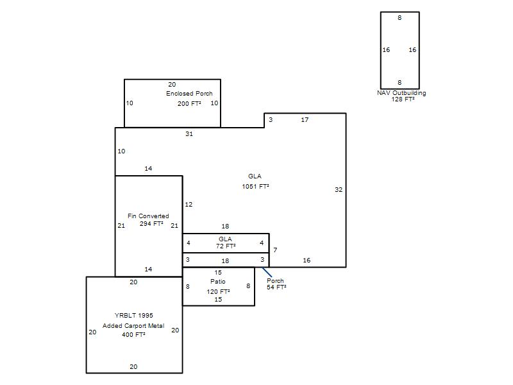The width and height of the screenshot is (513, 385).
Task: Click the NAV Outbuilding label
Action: (x=401, y=93)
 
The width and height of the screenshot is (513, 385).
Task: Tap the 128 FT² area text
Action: (x=403, y=99)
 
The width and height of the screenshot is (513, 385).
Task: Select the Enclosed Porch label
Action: (x=189, y=93)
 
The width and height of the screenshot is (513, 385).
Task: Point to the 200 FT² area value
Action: (x=189, y=103)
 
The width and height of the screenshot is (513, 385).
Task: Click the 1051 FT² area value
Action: (x=255, y=186)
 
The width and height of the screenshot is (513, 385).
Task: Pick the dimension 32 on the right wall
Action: (x=339, y=189)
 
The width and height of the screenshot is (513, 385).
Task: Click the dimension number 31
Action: (x=189, y=133)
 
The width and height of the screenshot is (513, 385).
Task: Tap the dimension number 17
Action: (x=305, y=120)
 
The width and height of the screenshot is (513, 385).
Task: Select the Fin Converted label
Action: (x=148, y=216)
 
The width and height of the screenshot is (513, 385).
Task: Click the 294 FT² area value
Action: (x=151, y=223)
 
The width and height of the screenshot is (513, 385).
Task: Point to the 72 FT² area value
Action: (x=226, y=246)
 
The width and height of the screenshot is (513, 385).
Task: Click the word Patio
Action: (x=218, y=282)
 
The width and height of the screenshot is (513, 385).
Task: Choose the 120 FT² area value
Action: (x=218, y=291)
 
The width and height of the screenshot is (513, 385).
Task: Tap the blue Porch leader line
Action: (x=267, y=272)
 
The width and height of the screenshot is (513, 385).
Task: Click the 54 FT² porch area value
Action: (x=276, y=287)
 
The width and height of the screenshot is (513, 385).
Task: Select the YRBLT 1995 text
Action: (x=134, y=315)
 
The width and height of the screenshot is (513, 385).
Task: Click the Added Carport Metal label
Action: (x=133, y=326)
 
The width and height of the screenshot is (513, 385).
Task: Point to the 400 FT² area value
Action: (x=133, y=334)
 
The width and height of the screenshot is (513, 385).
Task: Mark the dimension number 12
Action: (x=189, y=205)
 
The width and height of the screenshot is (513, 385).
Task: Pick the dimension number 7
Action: (x=276, y=250)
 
